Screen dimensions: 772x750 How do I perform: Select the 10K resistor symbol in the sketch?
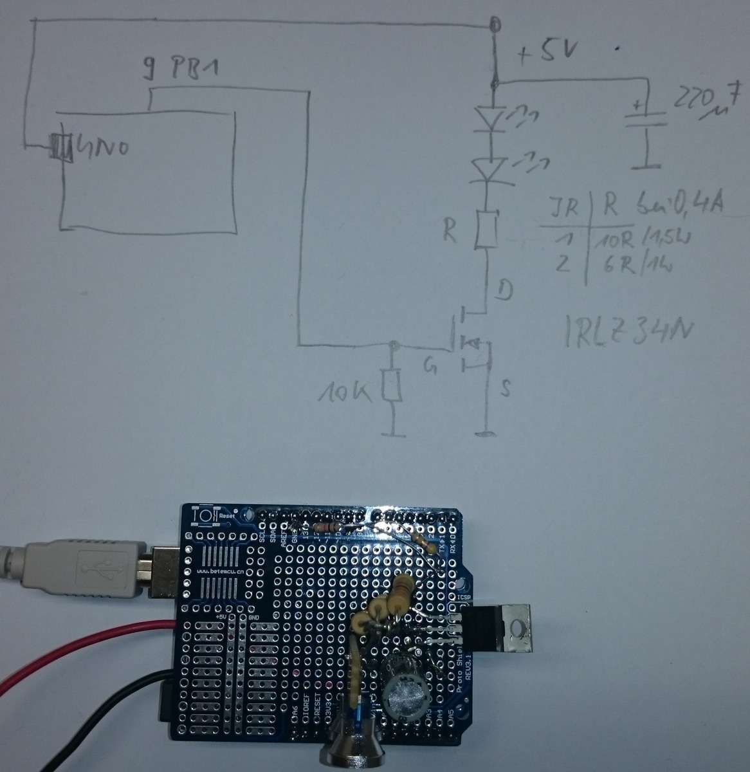tap(391, 386)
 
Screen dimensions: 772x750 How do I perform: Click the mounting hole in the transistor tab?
tap(517, 627)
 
